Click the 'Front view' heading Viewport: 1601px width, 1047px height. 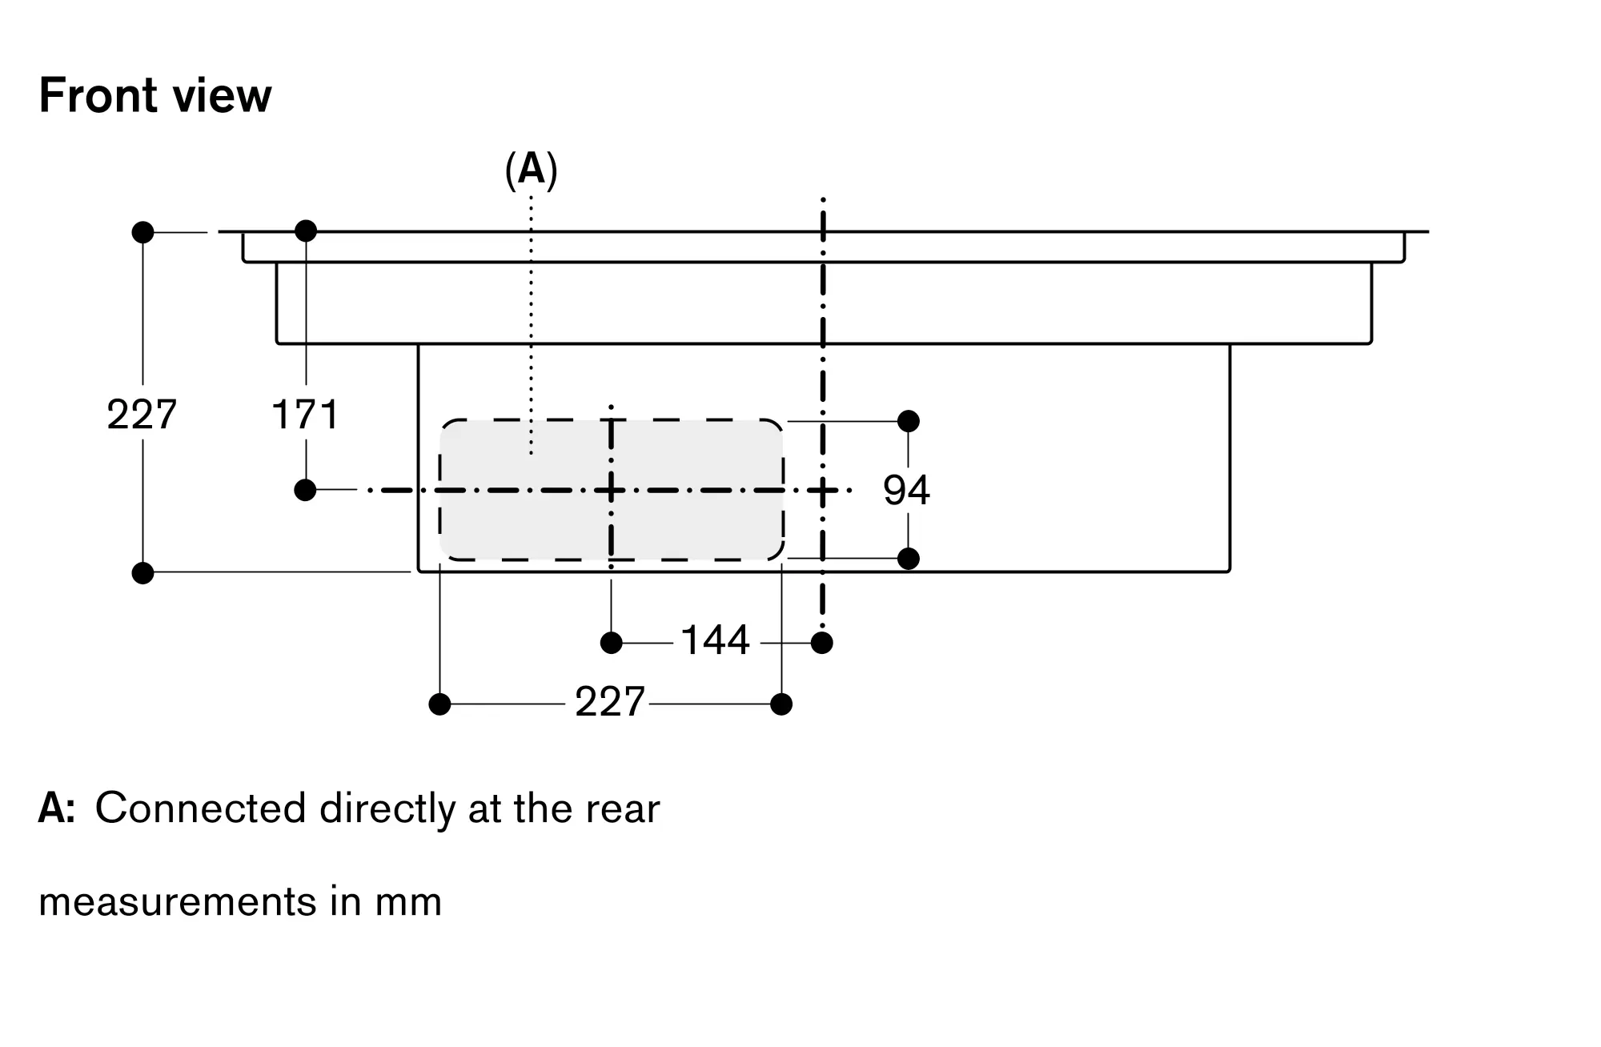click(155, 96)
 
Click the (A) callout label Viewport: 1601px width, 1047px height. click(531, 170)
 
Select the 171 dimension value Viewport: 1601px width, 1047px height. click(305, 415)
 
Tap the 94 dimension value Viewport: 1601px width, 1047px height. click(906, 490)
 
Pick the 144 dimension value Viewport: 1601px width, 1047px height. click(715, 640)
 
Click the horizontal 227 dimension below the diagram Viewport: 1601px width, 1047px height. click(609, 703)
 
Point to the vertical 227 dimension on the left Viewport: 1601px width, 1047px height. click(142, 415)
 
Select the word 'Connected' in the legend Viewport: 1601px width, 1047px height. click(200, 808)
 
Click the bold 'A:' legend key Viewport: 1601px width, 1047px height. click(57, 808)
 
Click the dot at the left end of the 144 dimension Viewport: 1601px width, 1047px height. click(612, 643)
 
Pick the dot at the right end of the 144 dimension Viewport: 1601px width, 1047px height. click(822, 643)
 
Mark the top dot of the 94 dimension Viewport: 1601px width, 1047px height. click(909, 421)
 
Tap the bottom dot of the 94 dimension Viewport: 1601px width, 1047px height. click(909, 559)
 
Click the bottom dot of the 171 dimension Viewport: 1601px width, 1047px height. click(305, 490)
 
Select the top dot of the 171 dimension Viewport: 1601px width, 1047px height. click(306, 231)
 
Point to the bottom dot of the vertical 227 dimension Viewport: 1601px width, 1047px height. click(142, 573)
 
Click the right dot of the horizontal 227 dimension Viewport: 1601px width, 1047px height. click(781, 704)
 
